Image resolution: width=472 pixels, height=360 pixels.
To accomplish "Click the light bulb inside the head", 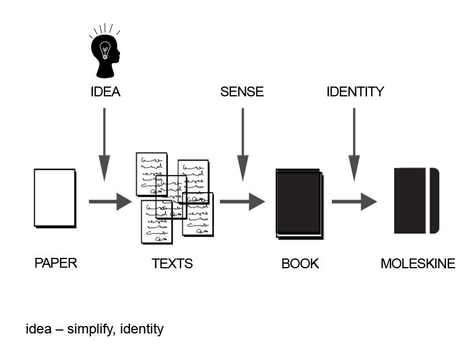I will coord(105,51).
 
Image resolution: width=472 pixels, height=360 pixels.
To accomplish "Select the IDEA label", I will coord(106,92).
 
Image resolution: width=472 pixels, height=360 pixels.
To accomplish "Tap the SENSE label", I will coord(242,92).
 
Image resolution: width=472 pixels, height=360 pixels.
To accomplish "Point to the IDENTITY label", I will coord(355,92).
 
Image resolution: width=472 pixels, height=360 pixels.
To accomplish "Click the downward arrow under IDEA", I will coord(104,144).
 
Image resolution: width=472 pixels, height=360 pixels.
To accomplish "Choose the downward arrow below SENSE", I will coord(243,144).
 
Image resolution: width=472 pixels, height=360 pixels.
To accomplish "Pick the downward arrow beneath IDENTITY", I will coord(354,144).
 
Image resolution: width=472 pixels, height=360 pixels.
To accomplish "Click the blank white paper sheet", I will coord(55,197).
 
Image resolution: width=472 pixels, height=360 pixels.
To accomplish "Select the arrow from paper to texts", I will coord(110,202).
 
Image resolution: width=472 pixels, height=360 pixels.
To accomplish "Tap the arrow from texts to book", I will coord(242,202).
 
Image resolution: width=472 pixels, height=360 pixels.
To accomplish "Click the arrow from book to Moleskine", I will coord(354,202).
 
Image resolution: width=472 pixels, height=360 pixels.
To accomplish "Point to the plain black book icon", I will coord(299,202).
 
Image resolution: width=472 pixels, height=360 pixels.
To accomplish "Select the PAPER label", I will coord(56,264).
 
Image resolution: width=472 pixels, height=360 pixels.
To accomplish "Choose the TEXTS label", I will coord(172,264).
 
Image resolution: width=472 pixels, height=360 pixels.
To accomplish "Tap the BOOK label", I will coord(300,264).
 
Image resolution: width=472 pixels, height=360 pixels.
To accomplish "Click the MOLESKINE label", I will coord(418,264).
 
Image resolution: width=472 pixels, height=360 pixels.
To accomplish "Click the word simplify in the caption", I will coord(91,330).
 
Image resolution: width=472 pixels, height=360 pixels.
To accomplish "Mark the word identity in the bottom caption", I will coord(142,330).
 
